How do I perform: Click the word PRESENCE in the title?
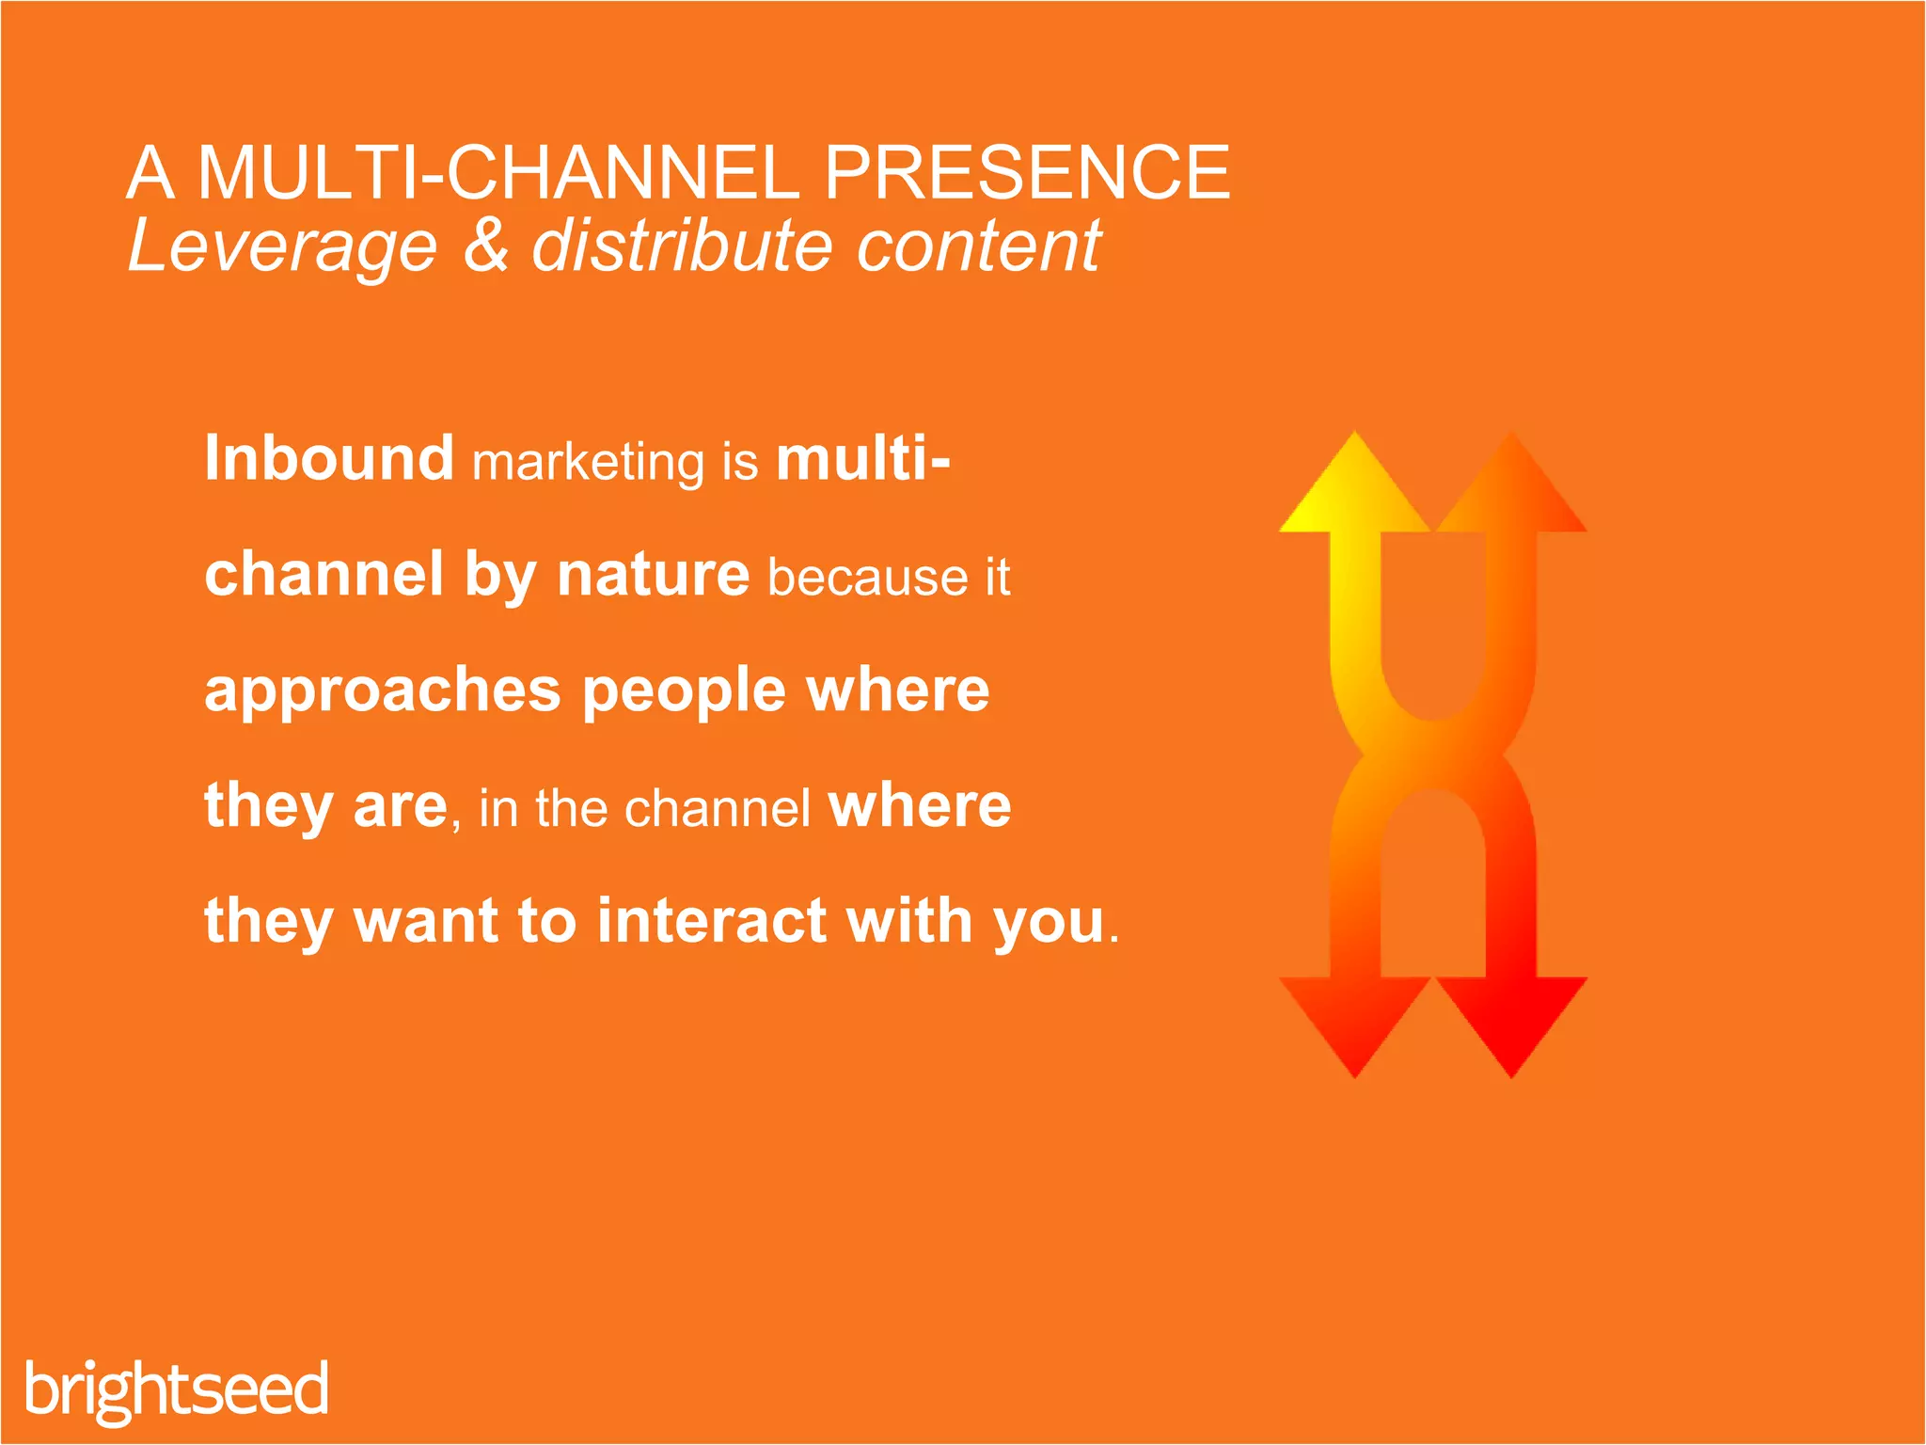click(1026, 173)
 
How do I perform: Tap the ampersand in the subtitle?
click(485, 246)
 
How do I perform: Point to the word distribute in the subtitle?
click(683, 246)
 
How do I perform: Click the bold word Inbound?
click(329, 458)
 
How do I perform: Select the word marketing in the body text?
click(588, 462)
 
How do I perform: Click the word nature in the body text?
click(653, 574)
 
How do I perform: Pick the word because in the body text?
click(867, 577)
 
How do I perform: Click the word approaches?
click(382, 691)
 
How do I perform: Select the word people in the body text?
click(684, 691)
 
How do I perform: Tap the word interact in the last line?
click(712, 920)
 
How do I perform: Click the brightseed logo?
click(177, 1389)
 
